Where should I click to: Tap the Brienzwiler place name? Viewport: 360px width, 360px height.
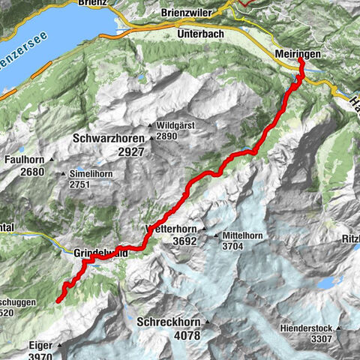pyautogui.click(x=191, y=13)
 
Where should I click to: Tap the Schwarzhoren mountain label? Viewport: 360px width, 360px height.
pyautogui.click(x=110, y=138)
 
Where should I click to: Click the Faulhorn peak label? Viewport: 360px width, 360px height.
pyautogui.click(x=23, y=160)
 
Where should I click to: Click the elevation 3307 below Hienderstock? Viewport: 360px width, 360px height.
pyautogui.click(x=322, y=339)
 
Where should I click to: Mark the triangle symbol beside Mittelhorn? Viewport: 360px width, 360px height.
pyautogui.click(x=217, y=235)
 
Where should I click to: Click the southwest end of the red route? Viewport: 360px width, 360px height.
pyautogui.click(x=58, y=301)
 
